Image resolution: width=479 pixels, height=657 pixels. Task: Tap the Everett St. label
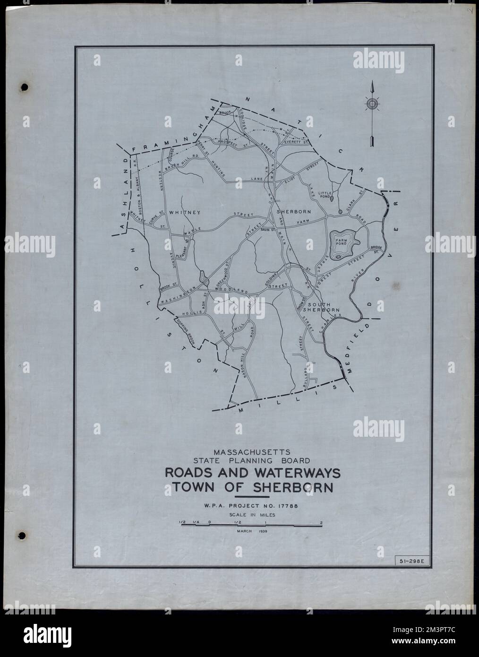296,140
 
